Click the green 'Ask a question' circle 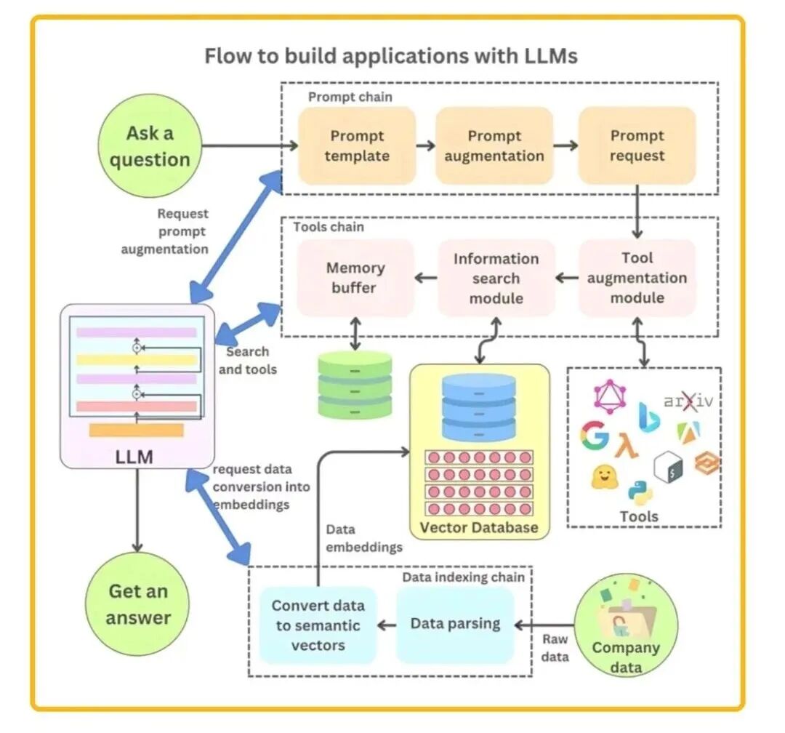click(x=150, y=145)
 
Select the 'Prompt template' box click(x=357, y=145)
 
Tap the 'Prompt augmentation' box click(x=494, y=145)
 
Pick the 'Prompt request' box click(x=637, y=145)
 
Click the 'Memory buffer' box click(x=355, y=278)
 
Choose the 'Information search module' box click(x=496, y=278)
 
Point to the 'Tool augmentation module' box click(x=637, y=278)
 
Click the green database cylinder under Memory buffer click(x=355, y=385)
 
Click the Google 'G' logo click(x=595, y=434)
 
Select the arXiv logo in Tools click(x=688, y=401)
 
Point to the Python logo click(x=640, y=492)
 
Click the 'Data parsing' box click(x=455, y=625)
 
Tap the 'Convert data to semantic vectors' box click(x=318, y=625)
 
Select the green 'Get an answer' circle click(x=137, y=604)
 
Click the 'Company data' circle click(x=626, y=625)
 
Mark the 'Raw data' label click(x=555, y=648)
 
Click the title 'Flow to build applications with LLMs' click(x=392, y=55)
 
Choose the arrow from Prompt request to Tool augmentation click(x=637, y=212)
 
